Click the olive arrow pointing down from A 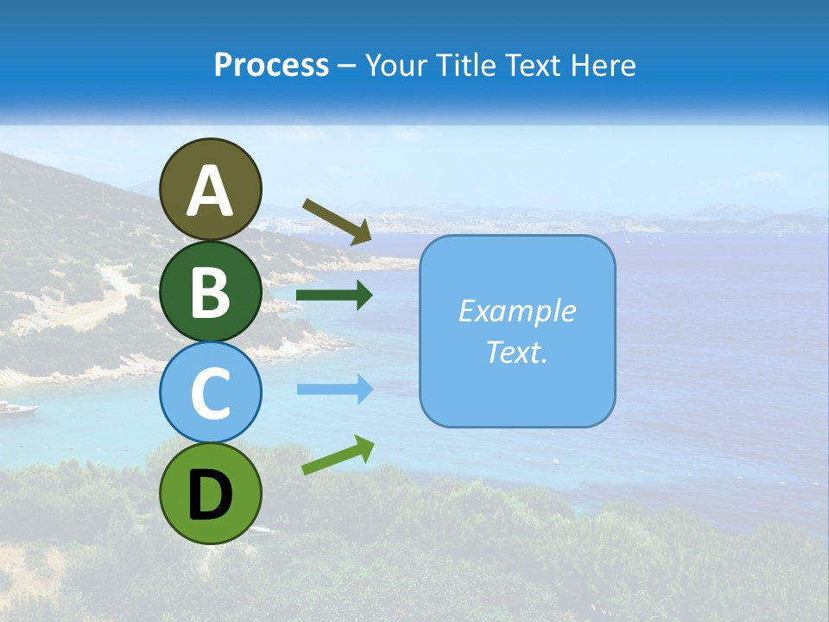pos(337,221)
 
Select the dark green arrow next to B pos(334,295)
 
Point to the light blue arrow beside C pos(334,389)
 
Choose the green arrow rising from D pos(338,455)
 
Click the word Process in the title pos(271,66)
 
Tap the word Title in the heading pos(457,66)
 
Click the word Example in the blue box pos(516,311)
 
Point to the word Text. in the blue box pos(516,352)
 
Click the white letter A pos(210,192)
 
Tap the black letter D pos(210,496)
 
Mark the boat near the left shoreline pos(17,409)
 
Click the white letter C pos(210,394)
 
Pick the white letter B pos(210,292)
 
